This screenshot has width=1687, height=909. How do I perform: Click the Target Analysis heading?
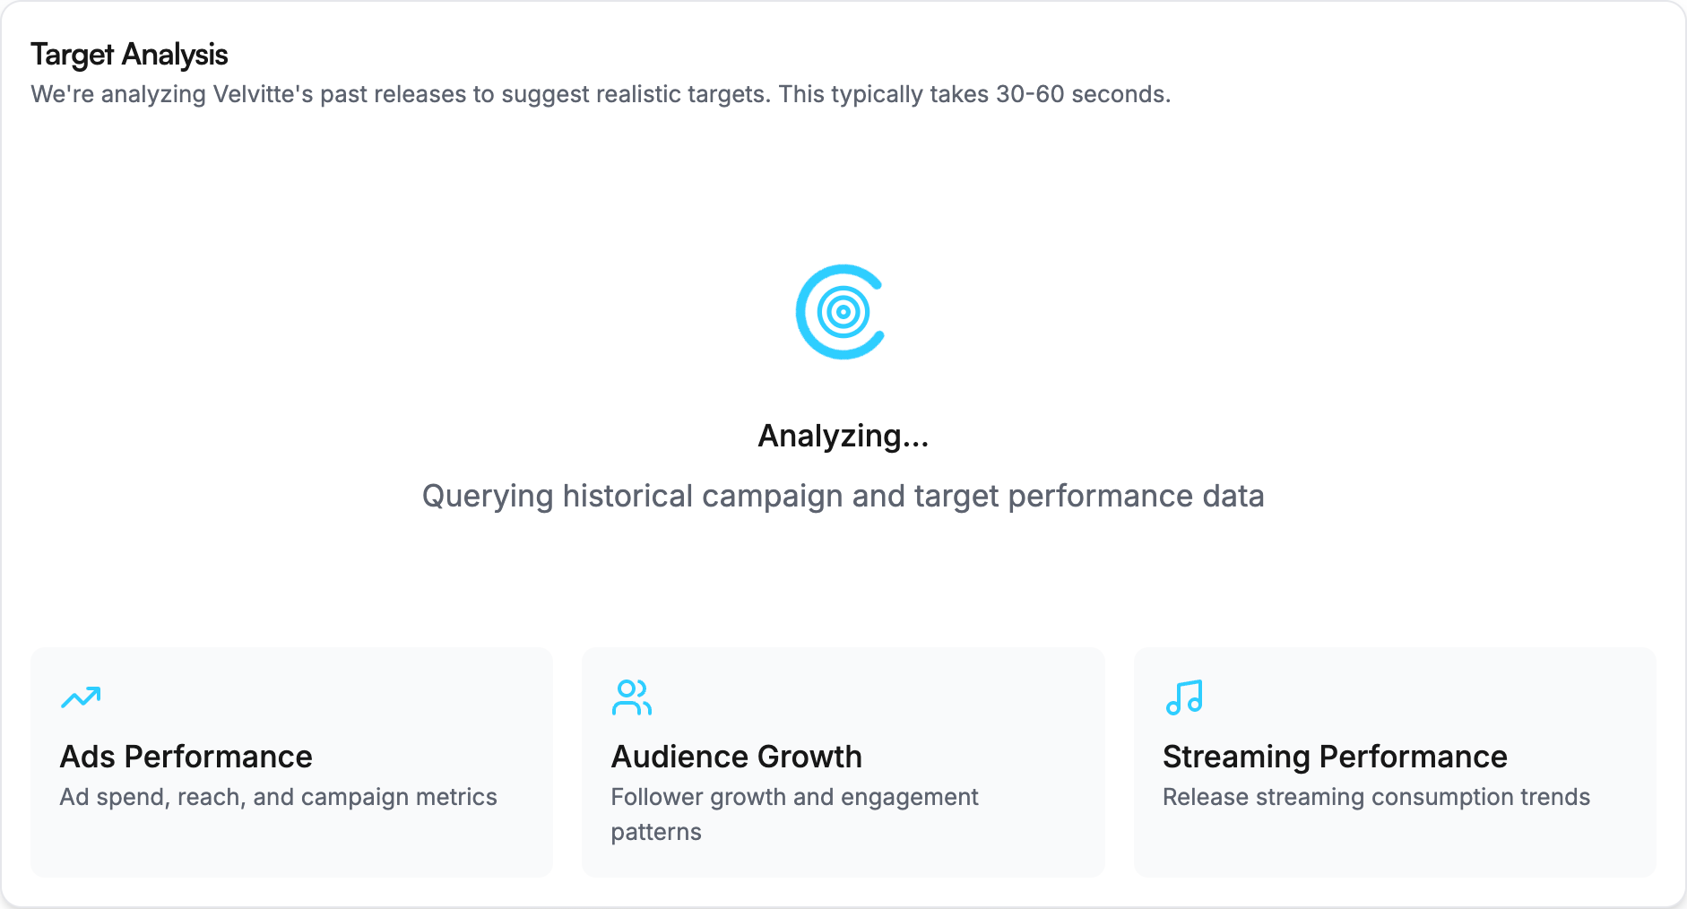(129, 55)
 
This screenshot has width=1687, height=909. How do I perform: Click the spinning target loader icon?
(842, 312)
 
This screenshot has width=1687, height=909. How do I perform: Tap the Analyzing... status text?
(843, 436)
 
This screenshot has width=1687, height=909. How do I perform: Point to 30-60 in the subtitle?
(1030, 94)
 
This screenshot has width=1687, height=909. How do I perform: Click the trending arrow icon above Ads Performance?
(81, 697)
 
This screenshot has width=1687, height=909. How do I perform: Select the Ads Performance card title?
(186, 757)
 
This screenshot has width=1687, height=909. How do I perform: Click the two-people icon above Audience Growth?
(632, 697)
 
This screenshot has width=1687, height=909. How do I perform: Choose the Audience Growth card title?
(737, 757)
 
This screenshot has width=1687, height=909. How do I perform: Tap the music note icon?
(1184, 697)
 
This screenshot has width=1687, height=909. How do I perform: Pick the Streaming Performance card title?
(1335, 757)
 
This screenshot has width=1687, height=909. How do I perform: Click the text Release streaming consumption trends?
(1376, 797)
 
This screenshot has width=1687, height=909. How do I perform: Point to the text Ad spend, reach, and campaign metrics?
(278, 797)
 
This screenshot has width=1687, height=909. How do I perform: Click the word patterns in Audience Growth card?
(656, 832)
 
